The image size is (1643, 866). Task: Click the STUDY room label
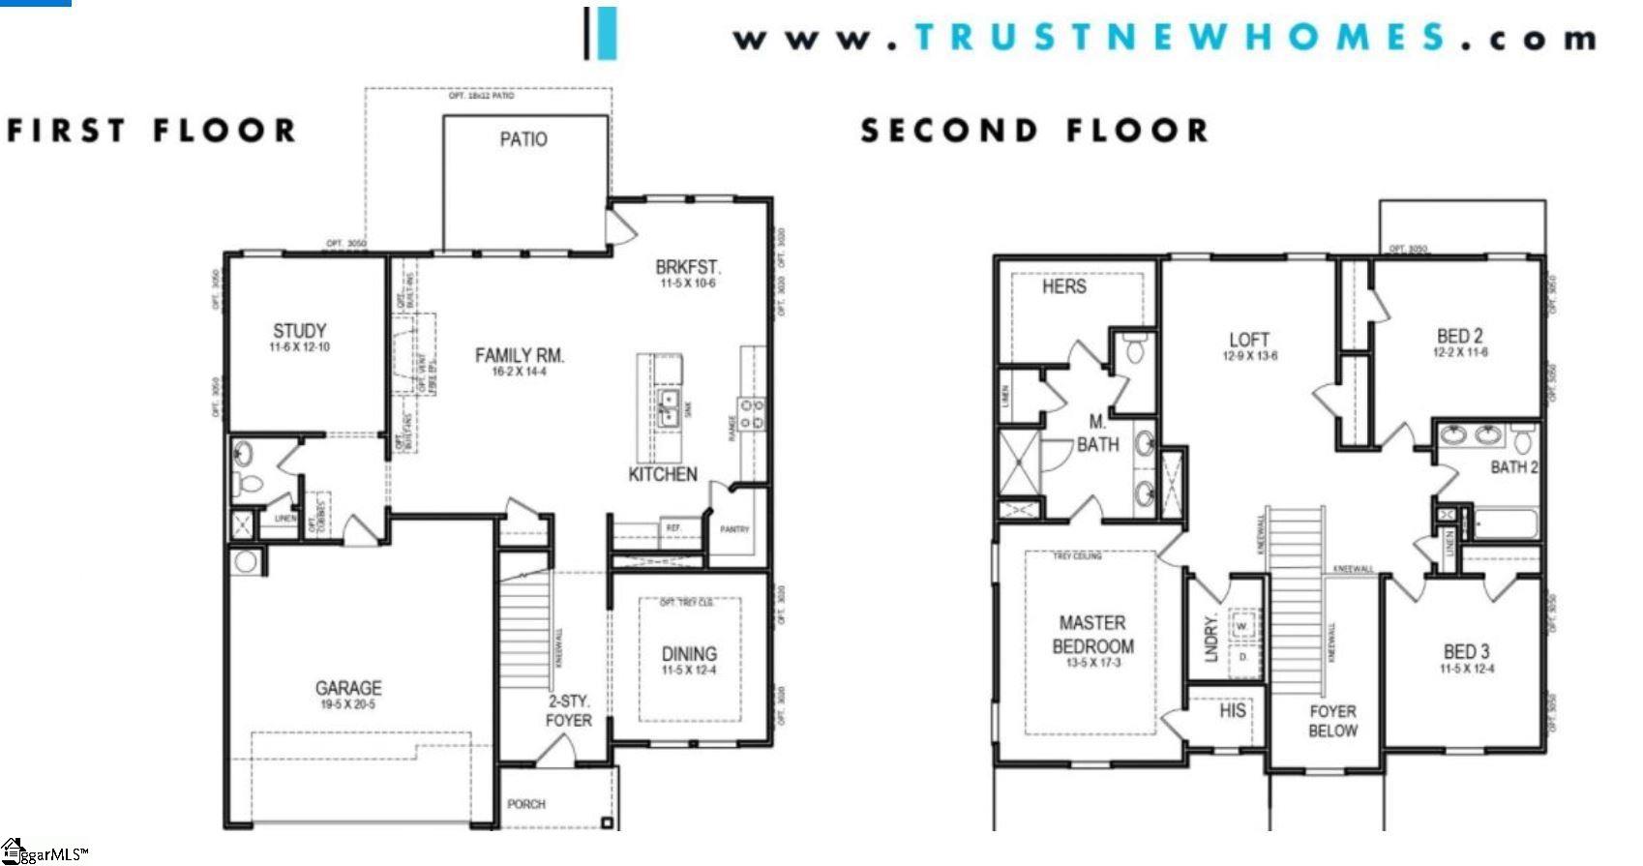coord(299,331)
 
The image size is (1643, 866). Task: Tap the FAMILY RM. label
coord(519,355)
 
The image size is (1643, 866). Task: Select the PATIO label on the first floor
coord(523,139)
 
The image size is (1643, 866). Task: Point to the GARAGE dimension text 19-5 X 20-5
coord(348,704)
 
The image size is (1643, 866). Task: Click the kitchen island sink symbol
coord(668,409)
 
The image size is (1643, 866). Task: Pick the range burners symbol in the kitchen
coord(751,414)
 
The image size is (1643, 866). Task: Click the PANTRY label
coord(734,529)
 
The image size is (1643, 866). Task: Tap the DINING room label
coord(689,653)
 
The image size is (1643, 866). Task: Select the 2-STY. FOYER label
coord(568,711)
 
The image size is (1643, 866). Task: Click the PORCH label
coord(526,804)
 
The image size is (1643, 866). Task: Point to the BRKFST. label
coord(688,267)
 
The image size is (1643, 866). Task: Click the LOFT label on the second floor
coord(1248,340)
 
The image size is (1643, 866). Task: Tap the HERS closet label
coord(1063,286)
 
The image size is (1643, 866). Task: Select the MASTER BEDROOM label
coord(1092,635)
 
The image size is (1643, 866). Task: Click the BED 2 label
coord(1459,336)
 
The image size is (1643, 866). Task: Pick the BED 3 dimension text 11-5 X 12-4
coord(1467,669)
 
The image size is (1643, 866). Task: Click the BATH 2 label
coord(1513,467)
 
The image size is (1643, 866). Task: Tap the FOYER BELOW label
coord(1332,721)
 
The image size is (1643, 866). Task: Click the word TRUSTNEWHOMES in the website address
coord(1180,37)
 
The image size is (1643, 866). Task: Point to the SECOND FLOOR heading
coord(1034,131)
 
